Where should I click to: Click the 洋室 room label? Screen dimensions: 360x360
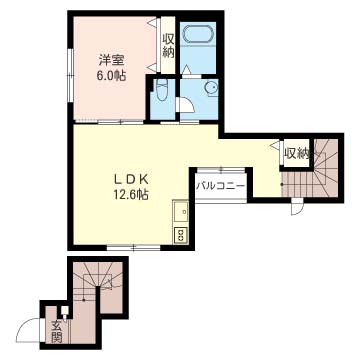coord(111,61)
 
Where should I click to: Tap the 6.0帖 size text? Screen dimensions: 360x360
coord(111,76)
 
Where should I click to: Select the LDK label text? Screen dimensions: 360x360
coord(131,180)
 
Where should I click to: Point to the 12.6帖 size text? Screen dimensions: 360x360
coord(131,194)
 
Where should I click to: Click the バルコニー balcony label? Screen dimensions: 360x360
coord(221,186)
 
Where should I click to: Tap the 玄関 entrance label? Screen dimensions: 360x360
coord(57,332)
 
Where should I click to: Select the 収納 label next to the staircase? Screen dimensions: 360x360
coord(296,153)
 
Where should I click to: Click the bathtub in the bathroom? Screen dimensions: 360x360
coord(198,33)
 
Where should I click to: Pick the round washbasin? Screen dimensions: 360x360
coord(211,88)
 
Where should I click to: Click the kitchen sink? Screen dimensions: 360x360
coord(181,212)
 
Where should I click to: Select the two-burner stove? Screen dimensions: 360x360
coord(181,235)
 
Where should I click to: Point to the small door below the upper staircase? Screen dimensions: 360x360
coord(297,206)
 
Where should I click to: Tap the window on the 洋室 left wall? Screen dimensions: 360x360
coord(70,75)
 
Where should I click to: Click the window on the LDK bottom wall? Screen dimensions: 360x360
coord(134,248)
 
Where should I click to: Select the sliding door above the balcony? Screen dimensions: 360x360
coord(221,171)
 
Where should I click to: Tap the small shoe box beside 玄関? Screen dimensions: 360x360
coord(64,311)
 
